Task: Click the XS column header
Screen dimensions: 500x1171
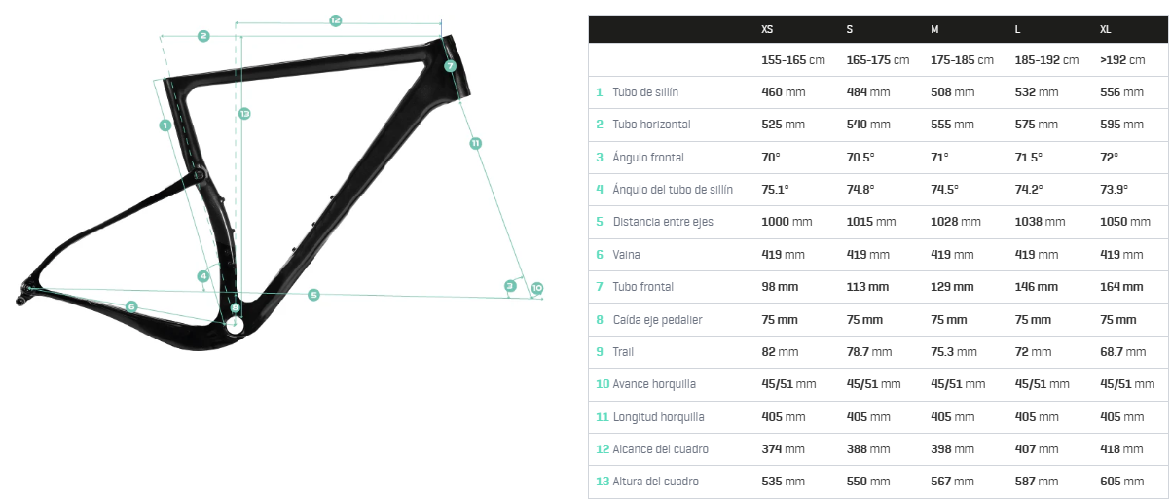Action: [x=767, y=30]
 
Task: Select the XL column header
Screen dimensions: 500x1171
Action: [x=1105, y=30]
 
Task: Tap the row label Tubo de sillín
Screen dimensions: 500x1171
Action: [x=645, y=92]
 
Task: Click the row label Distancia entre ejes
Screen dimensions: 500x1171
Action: [x=663, y=222]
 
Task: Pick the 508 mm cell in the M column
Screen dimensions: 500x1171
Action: [x=952, y=92]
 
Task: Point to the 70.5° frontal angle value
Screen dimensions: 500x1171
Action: [x=860, y=158]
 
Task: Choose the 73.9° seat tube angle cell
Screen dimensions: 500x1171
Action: [x=1118, y=190]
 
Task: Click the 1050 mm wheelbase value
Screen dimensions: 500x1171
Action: [x=1124, y=222]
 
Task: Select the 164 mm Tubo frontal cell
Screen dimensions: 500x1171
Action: [x=1121, y=287]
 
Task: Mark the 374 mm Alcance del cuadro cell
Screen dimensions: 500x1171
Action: [x=783, y=449]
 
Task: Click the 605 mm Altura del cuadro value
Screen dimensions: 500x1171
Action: [x=1121, y=482]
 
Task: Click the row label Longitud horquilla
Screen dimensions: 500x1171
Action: [x=658, y=417]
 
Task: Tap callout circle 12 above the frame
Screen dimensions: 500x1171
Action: [x=335, y=19]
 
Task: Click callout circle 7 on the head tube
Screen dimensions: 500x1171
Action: [x=450, y=66]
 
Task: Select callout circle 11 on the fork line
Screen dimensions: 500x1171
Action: [x=475, y=143]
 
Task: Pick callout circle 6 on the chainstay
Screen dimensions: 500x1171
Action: [x=131, y=306]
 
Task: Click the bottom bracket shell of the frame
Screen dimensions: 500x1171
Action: [x=235, y=326]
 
